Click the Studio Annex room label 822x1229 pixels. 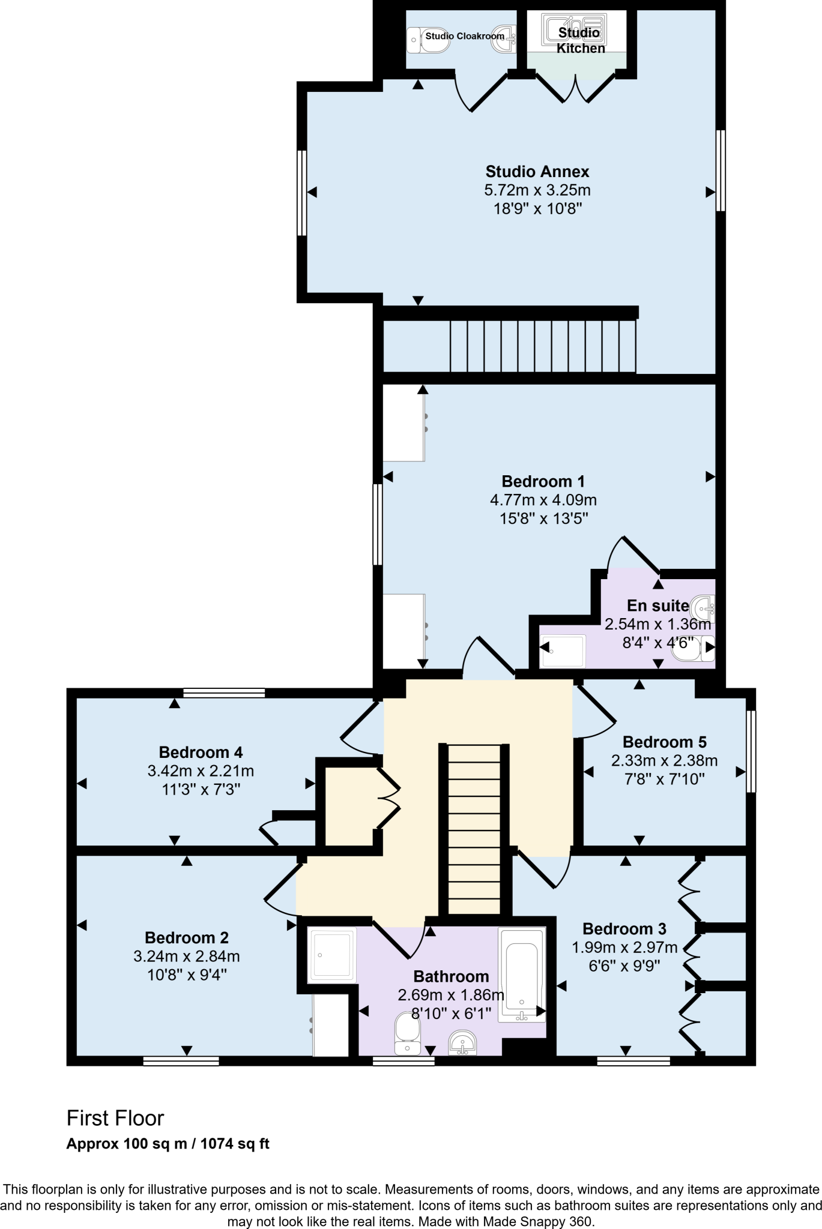click(537, 172)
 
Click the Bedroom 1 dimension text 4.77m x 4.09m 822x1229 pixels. click(543, 500)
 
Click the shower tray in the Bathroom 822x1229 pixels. click(331, 955)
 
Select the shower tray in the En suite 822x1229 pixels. click(562, 651)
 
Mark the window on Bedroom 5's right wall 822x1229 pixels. click(751, 751)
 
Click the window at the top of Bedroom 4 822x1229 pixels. click(224, 693)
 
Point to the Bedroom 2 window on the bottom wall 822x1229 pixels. click(181, 1062)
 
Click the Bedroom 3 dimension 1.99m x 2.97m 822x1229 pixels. click(624, 948)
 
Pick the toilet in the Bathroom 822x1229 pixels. click(408, 1033)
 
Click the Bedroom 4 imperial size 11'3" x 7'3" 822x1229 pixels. click(201, 789)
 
